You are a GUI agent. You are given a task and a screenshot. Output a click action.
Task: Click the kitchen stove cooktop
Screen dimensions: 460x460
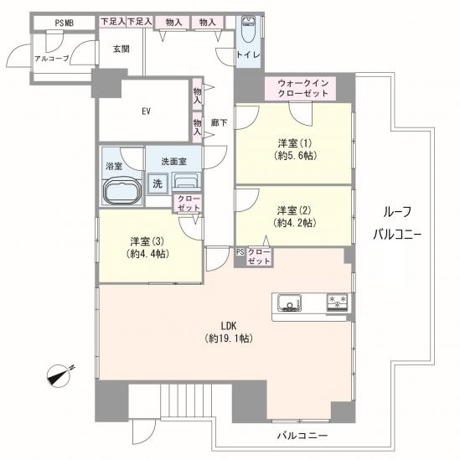[337, 302]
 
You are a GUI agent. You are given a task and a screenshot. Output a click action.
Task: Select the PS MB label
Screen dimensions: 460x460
[65, 23]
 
